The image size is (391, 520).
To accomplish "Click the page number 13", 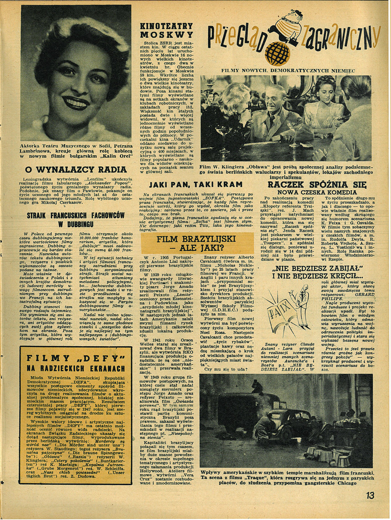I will [370, 495].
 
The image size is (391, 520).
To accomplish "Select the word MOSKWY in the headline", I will [166, 34].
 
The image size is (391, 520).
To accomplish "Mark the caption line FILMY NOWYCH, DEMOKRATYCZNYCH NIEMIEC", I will [288, 71].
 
